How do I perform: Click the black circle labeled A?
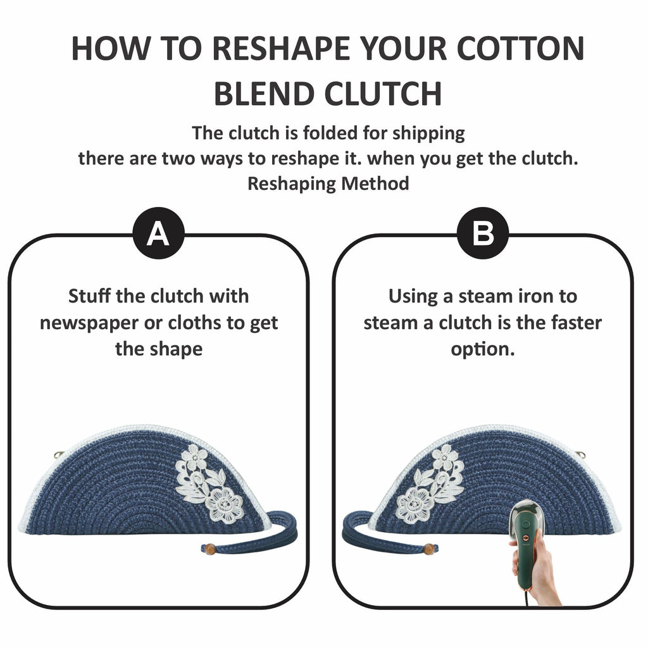(159, 233)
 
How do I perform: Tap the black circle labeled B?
(483, 233)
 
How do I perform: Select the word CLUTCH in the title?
(383, 94)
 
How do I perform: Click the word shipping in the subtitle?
(428, 134)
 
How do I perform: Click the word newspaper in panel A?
(89, 323)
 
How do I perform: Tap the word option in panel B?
(483, 349)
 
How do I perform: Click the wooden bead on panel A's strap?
(210, 549)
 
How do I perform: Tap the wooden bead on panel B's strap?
(430, 549)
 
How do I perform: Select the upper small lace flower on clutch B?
(444, 458)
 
